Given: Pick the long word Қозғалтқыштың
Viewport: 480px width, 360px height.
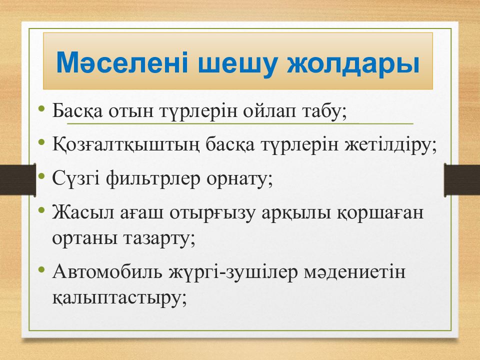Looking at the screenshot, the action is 125,145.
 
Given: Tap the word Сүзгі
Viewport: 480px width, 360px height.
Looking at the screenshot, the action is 75,179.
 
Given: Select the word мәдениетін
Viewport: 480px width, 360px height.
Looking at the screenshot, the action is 354,272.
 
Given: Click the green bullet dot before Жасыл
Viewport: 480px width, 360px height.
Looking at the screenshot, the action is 41,210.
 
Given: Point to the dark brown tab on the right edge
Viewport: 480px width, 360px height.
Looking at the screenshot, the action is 462,179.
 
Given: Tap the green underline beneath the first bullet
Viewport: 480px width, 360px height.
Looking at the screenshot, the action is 240,124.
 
